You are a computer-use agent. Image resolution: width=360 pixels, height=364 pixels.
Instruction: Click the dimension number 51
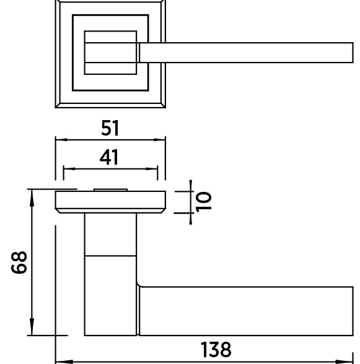pyautogui.click(x=110, y=128)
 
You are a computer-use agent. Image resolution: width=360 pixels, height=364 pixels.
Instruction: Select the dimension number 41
pyautogui.click(x=109, y=157)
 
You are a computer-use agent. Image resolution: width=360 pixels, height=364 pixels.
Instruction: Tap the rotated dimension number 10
pyautogui.click(x=204, y=202)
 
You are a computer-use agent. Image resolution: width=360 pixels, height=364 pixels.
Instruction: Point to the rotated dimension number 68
pyautogui.click(x=19, y=262)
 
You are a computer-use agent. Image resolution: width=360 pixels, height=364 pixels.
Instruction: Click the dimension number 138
pyautogui.click(x=216, y=349)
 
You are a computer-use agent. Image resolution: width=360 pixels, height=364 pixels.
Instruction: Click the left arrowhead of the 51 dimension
pyautogui.click(x=61, y=140)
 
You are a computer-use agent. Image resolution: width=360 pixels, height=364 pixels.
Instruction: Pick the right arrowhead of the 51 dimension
pyautogui.click(x=160, y=140)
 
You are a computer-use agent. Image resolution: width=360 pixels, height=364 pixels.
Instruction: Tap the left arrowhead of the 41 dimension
pyautogui.click(x=69, y=168)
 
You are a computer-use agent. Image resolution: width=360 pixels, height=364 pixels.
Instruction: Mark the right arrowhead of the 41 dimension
pyautogui.click(x=152, y=168)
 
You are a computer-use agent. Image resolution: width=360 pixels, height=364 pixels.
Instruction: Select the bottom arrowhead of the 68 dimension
pyautogui.click(x=32, y=327)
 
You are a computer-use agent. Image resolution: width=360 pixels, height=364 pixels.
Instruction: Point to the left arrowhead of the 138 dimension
pyautogui.click(x=64, y=362)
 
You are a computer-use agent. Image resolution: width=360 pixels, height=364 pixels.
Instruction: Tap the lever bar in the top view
pyautogui.click(x=246, y=53)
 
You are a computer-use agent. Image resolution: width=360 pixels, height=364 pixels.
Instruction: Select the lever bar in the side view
pyautogui.click(x=246, y=311)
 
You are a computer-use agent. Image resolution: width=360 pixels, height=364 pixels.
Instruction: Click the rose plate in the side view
pyautogui.click(x=110, y=202)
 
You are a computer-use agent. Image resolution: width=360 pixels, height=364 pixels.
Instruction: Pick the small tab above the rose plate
pyautogui.click(x=110, y=190)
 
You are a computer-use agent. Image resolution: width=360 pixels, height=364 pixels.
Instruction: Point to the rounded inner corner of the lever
pyautogui.click(x=139, y=285)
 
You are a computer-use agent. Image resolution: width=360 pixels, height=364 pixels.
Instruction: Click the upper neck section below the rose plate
pyautogui.click(x=110, y=235)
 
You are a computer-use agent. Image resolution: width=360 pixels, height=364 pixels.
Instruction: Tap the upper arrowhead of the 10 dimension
pyautogui.click(x=191, y=186)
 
